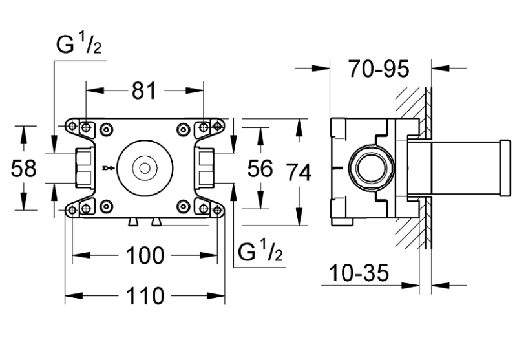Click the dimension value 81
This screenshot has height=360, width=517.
pyautogui.click(x=145, y=92)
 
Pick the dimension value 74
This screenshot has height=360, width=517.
pyautogui.click(x=299, y=173)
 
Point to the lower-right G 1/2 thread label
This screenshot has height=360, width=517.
pyautogui.click(x=260, y=252)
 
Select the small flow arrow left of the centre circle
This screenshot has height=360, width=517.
pyautogui.click(x=108, y=170)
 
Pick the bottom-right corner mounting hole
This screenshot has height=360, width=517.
pyautogui.click(x=204, y=208)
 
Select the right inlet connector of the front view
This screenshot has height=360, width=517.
pyautogui.click(x=206, y=167)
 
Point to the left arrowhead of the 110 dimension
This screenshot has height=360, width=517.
pyautogui.click(x=70, y=297)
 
